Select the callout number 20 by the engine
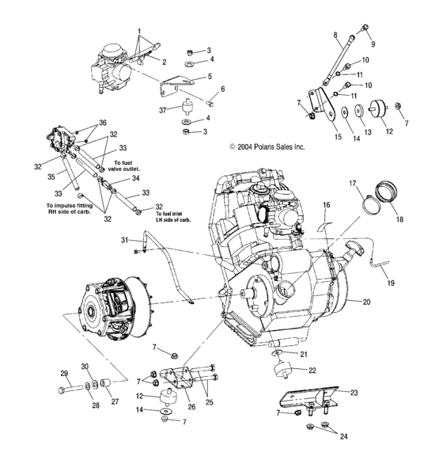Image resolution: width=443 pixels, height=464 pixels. [x=365, y=302]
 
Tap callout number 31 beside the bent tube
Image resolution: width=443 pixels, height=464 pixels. [x=124, y=240]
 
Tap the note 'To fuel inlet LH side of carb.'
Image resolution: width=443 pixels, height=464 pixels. [x=172, y=217]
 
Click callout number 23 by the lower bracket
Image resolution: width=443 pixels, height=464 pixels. [x=353, y=392]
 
